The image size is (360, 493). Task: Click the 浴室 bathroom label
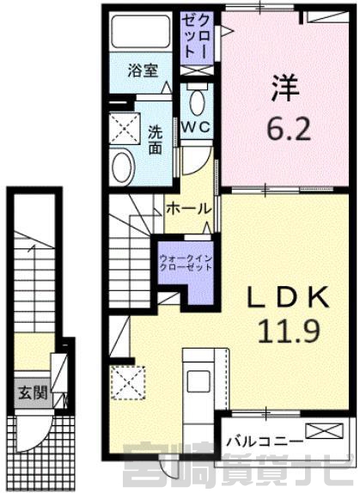click(143, 70)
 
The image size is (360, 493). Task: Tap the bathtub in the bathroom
click(141, 32)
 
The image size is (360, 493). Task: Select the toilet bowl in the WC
click(197, 101)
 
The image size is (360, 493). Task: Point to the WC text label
click(197, 127)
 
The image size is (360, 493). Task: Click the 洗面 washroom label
click(156, 140)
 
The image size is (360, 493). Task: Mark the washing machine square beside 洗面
click(125, 129)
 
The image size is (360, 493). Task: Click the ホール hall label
click(188, 209)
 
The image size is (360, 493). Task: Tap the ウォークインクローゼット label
click(186, 263)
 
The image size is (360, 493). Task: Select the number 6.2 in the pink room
click(289, 129)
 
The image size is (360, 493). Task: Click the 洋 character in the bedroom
click(285, 88)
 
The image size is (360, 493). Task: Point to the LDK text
click(289, 297)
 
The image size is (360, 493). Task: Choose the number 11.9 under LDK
click(289, 332)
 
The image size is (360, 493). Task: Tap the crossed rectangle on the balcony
click(324, 431)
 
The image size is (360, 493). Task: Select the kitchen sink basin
click(198, 381)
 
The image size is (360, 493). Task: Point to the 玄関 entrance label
click(33, 393)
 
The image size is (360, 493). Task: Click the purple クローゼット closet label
click(197, 38)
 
